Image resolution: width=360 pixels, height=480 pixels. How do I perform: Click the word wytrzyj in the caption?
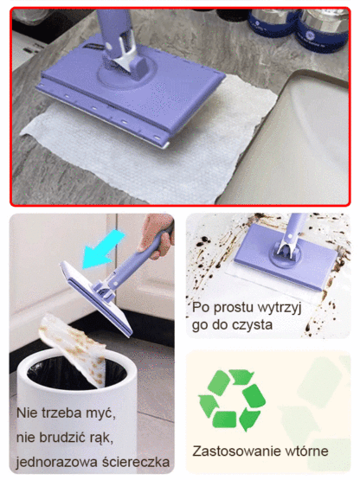click(x=271, y=307)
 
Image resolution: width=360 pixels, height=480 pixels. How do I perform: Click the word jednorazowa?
click(x=58, y=461)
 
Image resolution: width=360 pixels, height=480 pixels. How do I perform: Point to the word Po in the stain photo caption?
click(x=203, y=307)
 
